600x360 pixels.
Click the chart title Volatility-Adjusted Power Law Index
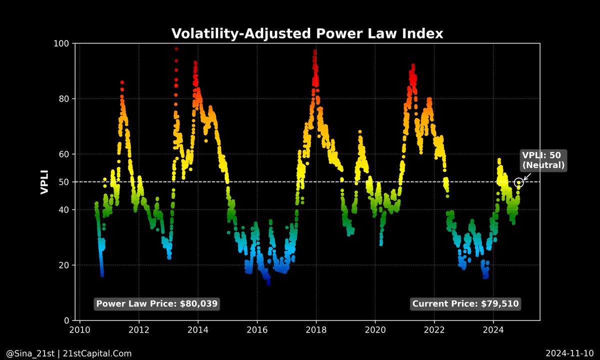click(307, 33)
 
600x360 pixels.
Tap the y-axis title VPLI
click(44, 181)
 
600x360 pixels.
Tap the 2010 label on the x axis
click(79, 330)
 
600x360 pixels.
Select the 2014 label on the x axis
click(198, 330)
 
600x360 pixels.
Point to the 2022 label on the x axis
click(434, 330)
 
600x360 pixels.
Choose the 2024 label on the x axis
click(493, 330)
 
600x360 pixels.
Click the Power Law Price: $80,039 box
click(157, 303)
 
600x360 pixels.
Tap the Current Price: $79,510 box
click(465, 303)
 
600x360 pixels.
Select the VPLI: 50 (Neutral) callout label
click(543, 160)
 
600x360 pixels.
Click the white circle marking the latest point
click(518, 182)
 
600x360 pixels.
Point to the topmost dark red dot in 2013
click(176, 48)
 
